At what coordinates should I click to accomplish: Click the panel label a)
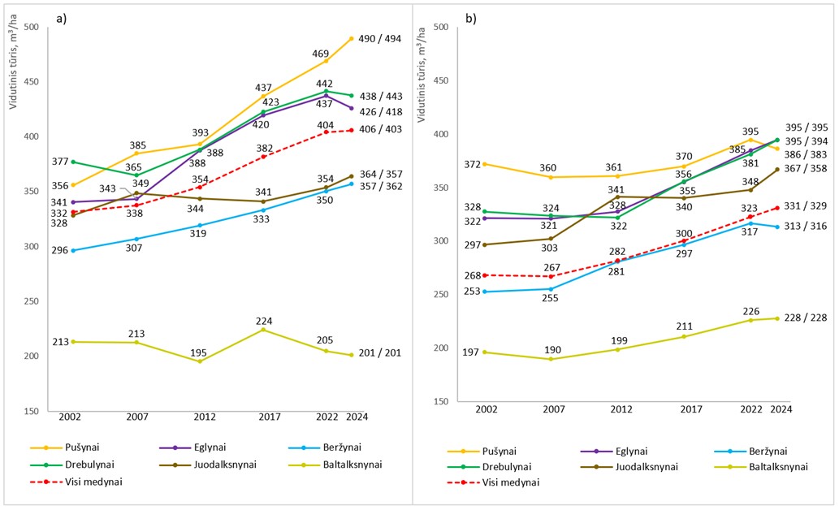pos(60,18)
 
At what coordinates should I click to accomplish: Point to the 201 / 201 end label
pos(379,353)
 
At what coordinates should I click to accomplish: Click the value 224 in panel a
pos(262,319)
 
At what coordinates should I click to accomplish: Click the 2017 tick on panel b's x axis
pos(690,410)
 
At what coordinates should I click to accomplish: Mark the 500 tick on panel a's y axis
pos(32,28)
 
